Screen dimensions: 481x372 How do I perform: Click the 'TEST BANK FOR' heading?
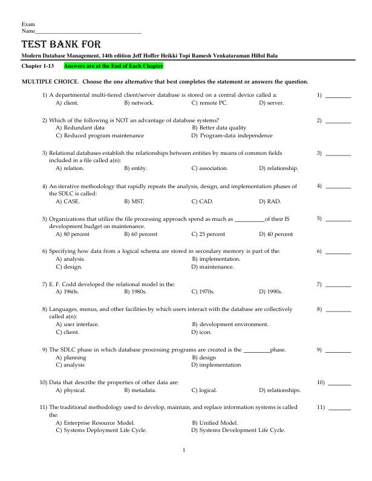[x=61, y=45]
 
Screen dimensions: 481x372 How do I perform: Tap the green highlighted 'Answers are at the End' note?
[x=113, y=65]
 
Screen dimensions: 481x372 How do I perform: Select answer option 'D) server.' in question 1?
[x=272, y=103]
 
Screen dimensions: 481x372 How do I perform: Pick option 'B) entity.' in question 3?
[x=135, y=168]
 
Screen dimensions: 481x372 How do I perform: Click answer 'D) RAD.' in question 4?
[x=270, y=201]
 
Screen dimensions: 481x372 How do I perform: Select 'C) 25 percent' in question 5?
[x=208, y=234]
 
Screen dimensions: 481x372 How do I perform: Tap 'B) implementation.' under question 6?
[x=216, y=259]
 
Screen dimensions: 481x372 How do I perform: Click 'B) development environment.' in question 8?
[x=230, y=324]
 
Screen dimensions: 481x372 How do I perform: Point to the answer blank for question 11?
[x=339, y=409]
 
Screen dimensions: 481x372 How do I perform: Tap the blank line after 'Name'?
[x=88, y=31]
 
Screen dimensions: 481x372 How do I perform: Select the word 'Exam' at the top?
[x=28, y=24]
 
